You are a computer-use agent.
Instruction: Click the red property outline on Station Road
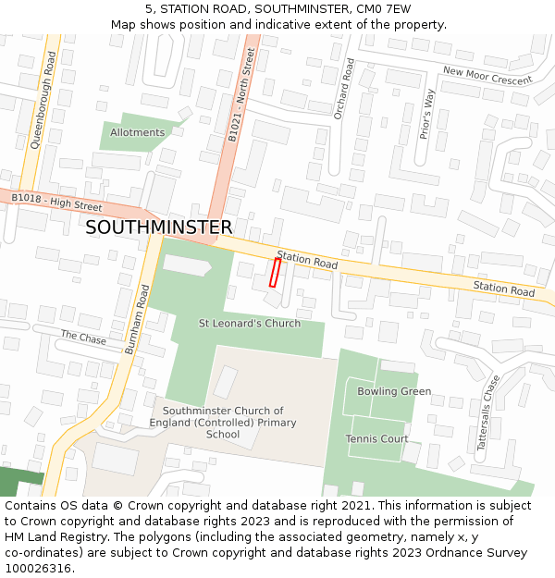pos(275,272)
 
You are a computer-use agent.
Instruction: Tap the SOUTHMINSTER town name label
pos(158,228)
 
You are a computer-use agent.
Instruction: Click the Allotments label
pos(137,132)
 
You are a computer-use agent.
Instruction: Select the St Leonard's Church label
pos(250,324)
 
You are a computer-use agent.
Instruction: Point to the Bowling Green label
pos(394,391)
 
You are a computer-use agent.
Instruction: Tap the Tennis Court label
pos(376,438)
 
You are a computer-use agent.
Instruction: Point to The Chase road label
pos(83,338)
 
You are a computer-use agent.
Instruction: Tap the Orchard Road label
pos(343,89)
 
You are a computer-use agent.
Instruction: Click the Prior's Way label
pos(426,114)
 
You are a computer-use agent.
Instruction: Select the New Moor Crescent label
pos(487,76)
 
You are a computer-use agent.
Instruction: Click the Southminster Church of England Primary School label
pos(223,423)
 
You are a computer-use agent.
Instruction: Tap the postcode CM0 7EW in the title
pos(382,8)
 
